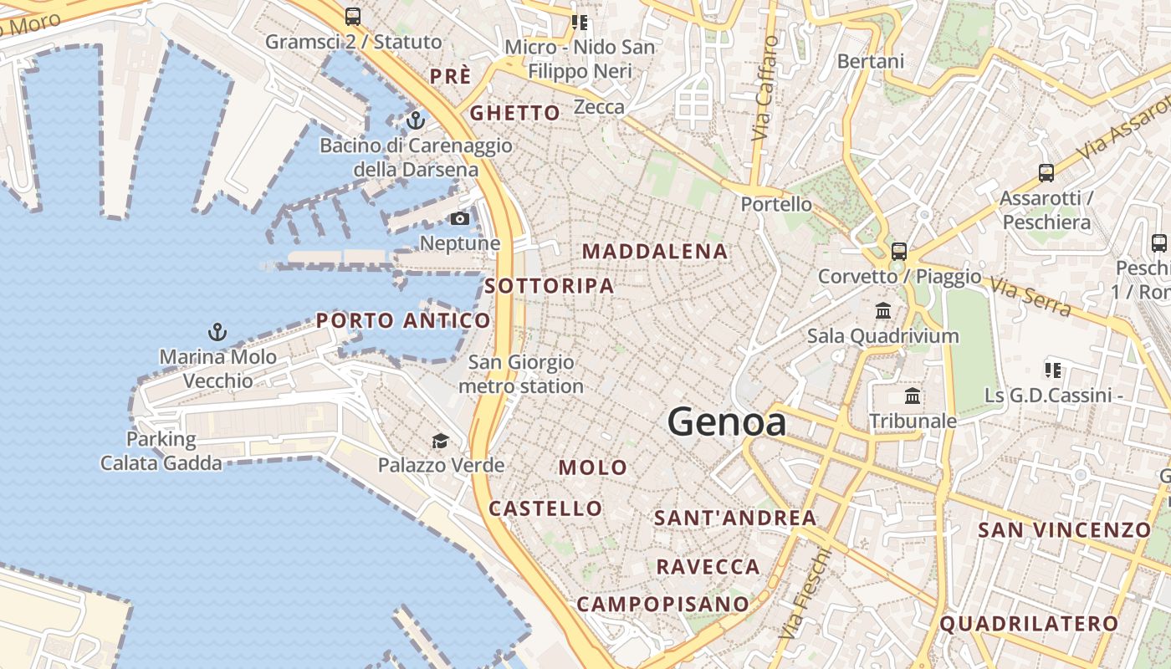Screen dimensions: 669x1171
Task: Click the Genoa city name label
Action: click(727, 422)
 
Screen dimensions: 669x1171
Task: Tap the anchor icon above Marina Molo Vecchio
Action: click(217, 332)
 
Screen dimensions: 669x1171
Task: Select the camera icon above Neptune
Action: click(460, 219)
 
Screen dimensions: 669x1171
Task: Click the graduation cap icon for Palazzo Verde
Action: click(440, 441)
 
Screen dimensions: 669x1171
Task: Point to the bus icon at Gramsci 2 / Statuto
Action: click(353, 16)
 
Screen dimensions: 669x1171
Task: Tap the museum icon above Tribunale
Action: click(913, 396)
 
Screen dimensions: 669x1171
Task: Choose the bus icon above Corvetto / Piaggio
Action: click(899, 251)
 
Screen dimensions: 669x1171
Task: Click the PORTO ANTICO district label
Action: click(403, 320)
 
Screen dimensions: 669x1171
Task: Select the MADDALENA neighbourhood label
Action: click(655, 251)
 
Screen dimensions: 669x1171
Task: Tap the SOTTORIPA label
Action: click(550, 285)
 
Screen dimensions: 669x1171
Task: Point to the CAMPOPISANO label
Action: click(663, 604)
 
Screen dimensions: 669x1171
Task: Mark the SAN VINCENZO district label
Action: click(1065, 529)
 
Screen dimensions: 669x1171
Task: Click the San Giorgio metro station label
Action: click(521, 374)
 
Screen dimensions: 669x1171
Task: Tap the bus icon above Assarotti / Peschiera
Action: click(1046, 173)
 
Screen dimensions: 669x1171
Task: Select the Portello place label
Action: click(776, 204)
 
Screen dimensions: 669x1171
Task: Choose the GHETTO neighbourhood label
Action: click(515, 113)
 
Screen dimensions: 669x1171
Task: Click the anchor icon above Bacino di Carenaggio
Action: click(416, 121)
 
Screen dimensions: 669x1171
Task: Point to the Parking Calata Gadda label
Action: click(161, 451)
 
